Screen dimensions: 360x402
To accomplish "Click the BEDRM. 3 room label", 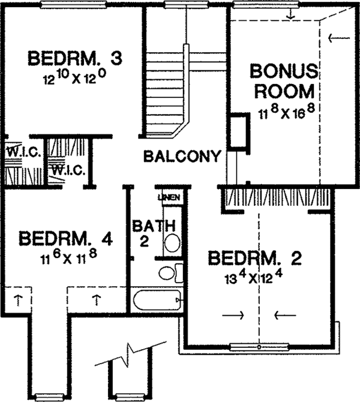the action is pos(75,58).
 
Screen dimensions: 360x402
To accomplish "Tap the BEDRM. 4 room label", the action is pos(65,239).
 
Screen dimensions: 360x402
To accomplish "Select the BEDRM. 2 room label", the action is pos(255,259).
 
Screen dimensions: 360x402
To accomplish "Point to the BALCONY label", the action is pos(182,156).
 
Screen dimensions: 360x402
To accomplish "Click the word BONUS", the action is pos(284,71).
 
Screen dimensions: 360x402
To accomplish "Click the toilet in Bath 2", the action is pos(171,273).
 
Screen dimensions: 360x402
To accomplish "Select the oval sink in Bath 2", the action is pos(172,242).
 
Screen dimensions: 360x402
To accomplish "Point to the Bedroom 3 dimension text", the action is pos(74,77).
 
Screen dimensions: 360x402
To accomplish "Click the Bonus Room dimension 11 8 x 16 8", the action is pos(286,112).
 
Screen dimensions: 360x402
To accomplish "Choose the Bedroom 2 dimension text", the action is pos(254,278).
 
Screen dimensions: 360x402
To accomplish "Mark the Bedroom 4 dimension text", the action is pos(68,257).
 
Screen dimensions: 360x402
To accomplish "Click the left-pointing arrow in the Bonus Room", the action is pos(339,38).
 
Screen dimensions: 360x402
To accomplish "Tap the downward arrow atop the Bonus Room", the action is pos(290,14).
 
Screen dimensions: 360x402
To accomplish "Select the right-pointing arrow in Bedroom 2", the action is pos(233,315).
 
